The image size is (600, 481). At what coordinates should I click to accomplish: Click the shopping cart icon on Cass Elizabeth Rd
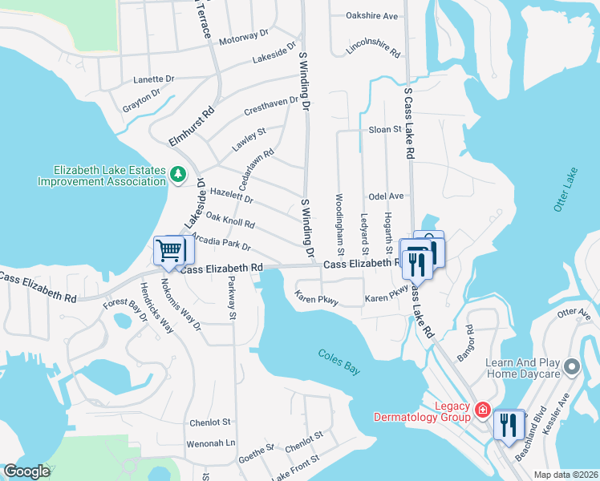[x=169, y=250]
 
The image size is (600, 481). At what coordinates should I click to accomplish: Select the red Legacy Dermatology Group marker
[x=482, y=410]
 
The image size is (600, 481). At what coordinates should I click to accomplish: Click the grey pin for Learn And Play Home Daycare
[x=571, y=367]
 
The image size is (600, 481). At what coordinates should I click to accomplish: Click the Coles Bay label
[x=341, y=356]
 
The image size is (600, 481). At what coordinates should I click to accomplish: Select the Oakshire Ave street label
[x=372, y=15]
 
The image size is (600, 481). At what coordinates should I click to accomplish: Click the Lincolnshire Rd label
[x=373, y=50]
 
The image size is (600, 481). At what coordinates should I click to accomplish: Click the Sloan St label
[x=384, y=129]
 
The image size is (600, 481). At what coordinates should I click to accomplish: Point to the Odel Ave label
[x=386, y=196]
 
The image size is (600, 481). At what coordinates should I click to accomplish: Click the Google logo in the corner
[x=26, y=471]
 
